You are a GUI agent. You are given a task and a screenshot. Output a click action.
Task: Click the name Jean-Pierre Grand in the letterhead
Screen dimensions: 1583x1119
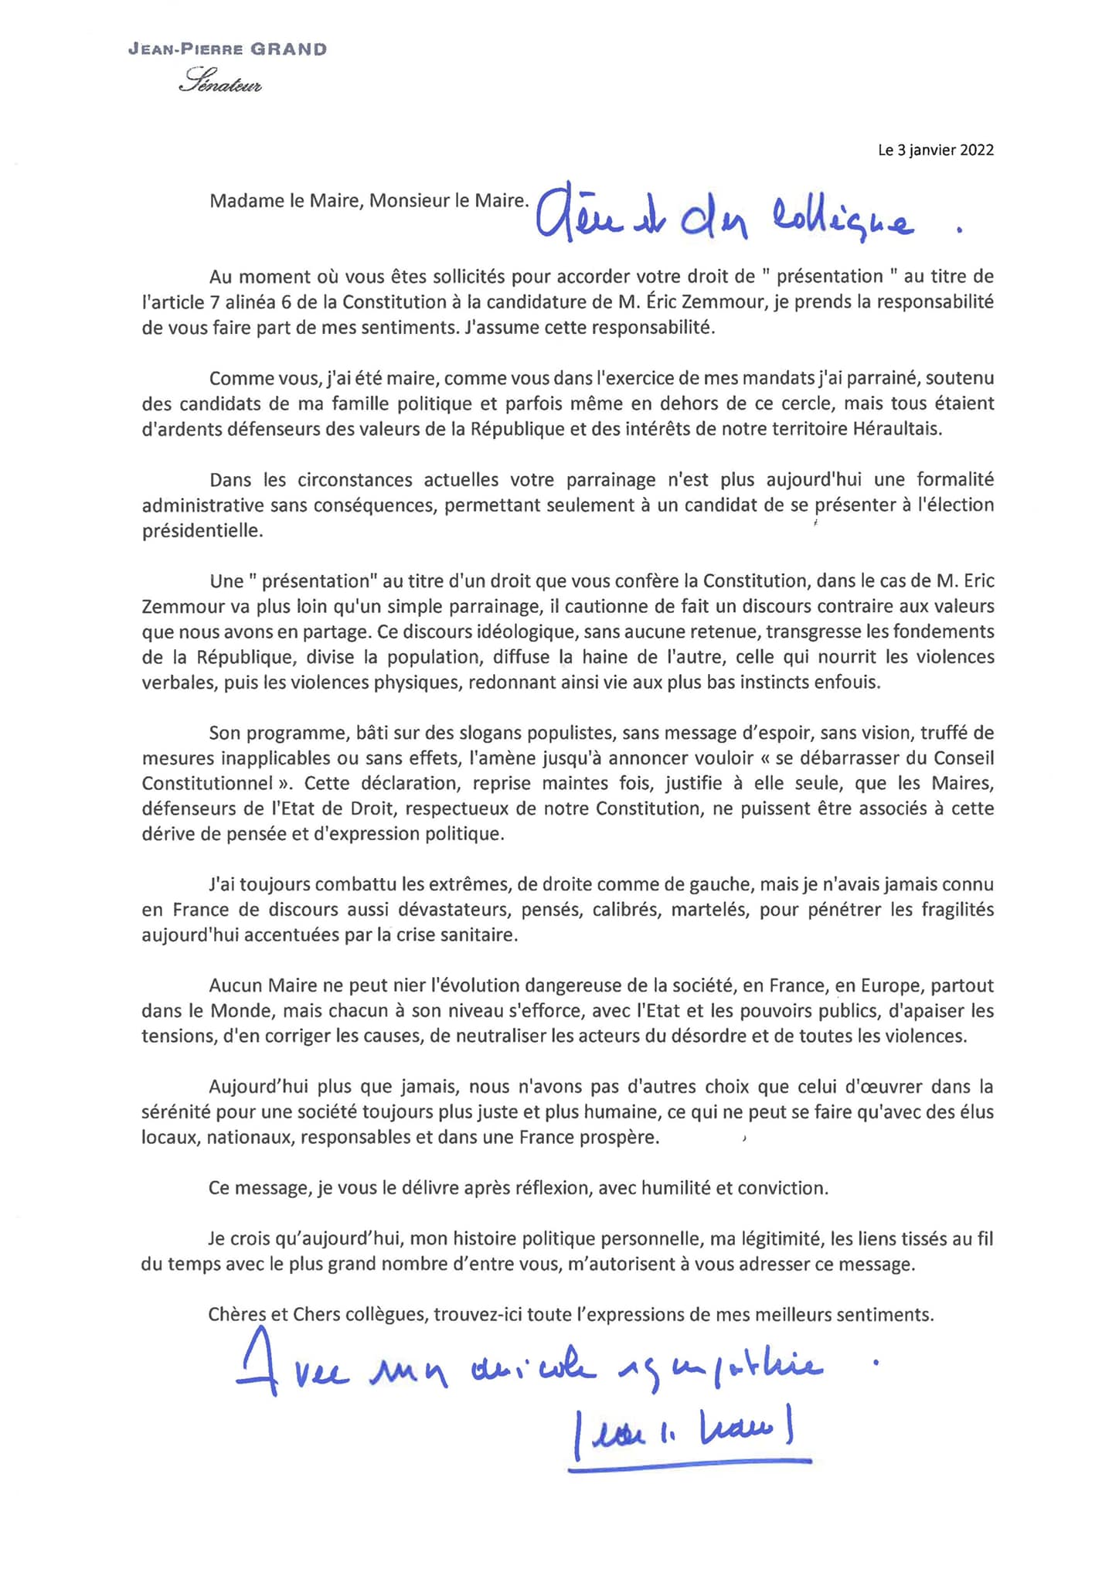[227, 49]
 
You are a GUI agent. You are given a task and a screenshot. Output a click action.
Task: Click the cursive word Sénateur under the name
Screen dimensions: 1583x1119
[220, 80]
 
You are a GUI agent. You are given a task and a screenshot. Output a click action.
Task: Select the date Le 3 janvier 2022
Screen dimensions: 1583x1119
[935, 150]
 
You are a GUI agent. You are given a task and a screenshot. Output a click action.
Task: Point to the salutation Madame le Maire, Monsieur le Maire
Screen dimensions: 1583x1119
[369, 201]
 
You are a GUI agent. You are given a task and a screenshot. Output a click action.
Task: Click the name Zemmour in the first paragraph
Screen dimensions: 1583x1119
[728, 302]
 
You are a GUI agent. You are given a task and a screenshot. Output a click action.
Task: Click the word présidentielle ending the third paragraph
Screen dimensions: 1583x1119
[202, 531]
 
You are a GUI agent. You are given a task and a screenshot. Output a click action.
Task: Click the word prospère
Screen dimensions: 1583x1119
[619, 1138]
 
